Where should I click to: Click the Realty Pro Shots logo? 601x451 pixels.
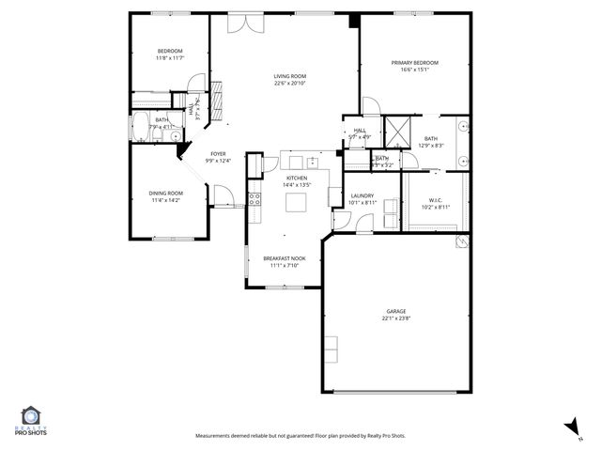tap(32, 421)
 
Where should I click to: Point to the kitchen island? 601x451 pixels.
tap(300, 201)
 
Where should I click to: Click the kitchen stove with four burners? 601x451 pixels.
tap(254, 197)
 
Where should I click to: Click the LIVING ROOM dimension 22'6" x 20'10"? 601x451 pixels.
tap(289, 83)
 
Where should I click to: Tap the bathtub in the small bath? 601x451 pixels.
tap(143, 127)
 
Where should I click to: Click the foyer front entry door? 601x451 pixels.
tap(223, 194)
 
